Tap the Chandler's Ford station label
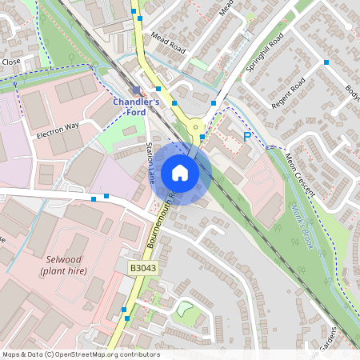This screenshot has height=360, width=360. pyautogui.click(x=135, y=108)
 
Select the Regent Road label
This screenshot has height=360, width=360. pyautogui.click(x=289, y=94)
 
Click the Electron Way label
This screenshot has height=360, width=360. pyautogui.click(x=58, y=131)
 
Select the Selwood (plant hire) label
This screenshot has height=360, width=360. pyautogui.click(x=64, y=266)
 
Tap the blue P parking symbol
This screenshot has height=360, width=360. pyautogui.click(x=247, y=138)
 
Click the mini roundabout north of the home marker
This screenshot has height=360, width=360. pyautogui.click(x=195, y=126)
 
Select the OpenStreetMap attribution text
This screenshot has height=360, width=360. pyautogui.click(x=80, y=354)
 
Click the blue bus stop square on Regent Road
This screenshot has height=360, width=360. pyautogui.click(x=325, y=62)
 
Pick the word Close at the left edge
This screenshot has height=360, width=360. pyautogui.click(x=10, y=62)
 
